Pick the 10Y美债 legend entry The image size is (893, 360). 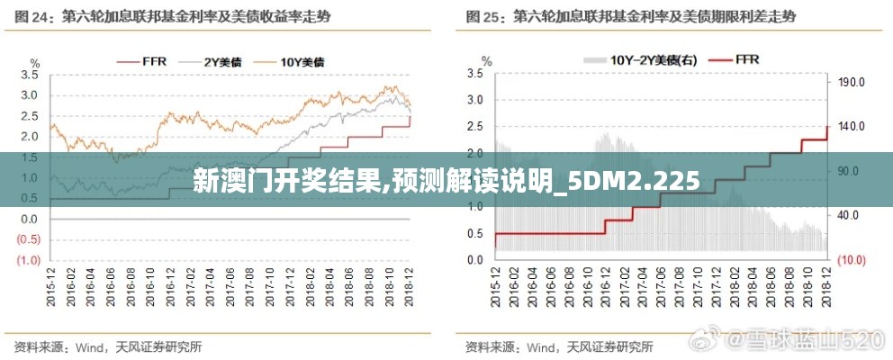coord(290,61)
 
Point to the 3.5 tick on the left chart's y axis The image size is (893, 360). coord(29,76)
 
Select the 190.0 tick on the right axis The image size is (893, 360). coord(851,82)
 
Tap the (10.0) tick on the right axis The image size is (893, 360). coord(851,260)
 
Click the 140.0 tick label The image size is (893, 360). coord(851,126)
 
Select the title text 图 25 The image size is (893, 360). coord(485,16)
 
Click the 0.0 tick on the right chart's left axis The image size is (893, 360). coord(474,260)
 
